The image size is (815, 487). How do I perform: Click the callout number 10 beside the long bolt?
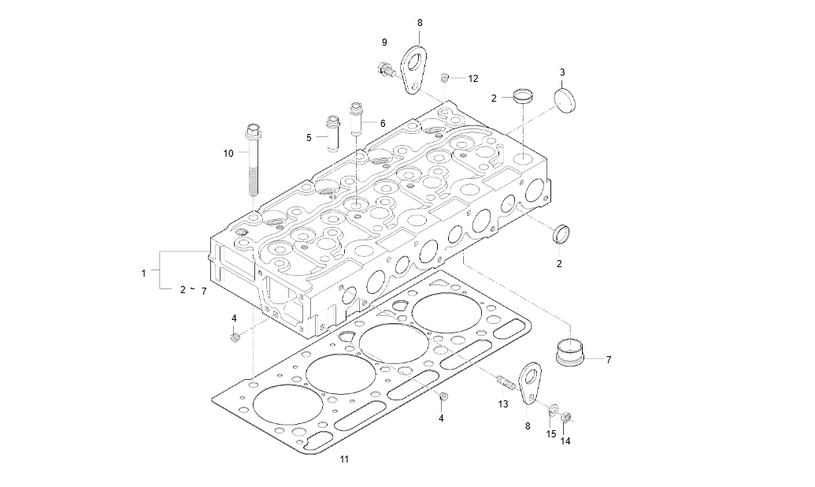click(x=228, y=153)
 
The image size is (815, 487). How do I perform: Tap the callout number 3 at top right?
click(x=562, y=72)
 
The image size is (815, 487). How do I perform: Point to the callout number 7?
click(x=609, y=359)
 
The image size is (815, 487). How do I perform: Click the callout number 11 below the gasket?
click(x=344, y=459)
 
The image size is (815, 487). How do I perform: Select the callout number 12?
click(x=473, y=79)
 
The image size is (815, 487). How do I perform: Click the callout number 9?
click(x=384, y=42)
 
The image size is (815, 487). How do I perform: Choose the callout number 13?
click(x=503, y=403)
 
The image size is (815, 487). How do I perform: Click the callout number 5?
click(x=309, y=138)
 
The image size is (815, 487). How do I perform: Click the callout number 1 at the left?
click(x=143, y=273)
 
